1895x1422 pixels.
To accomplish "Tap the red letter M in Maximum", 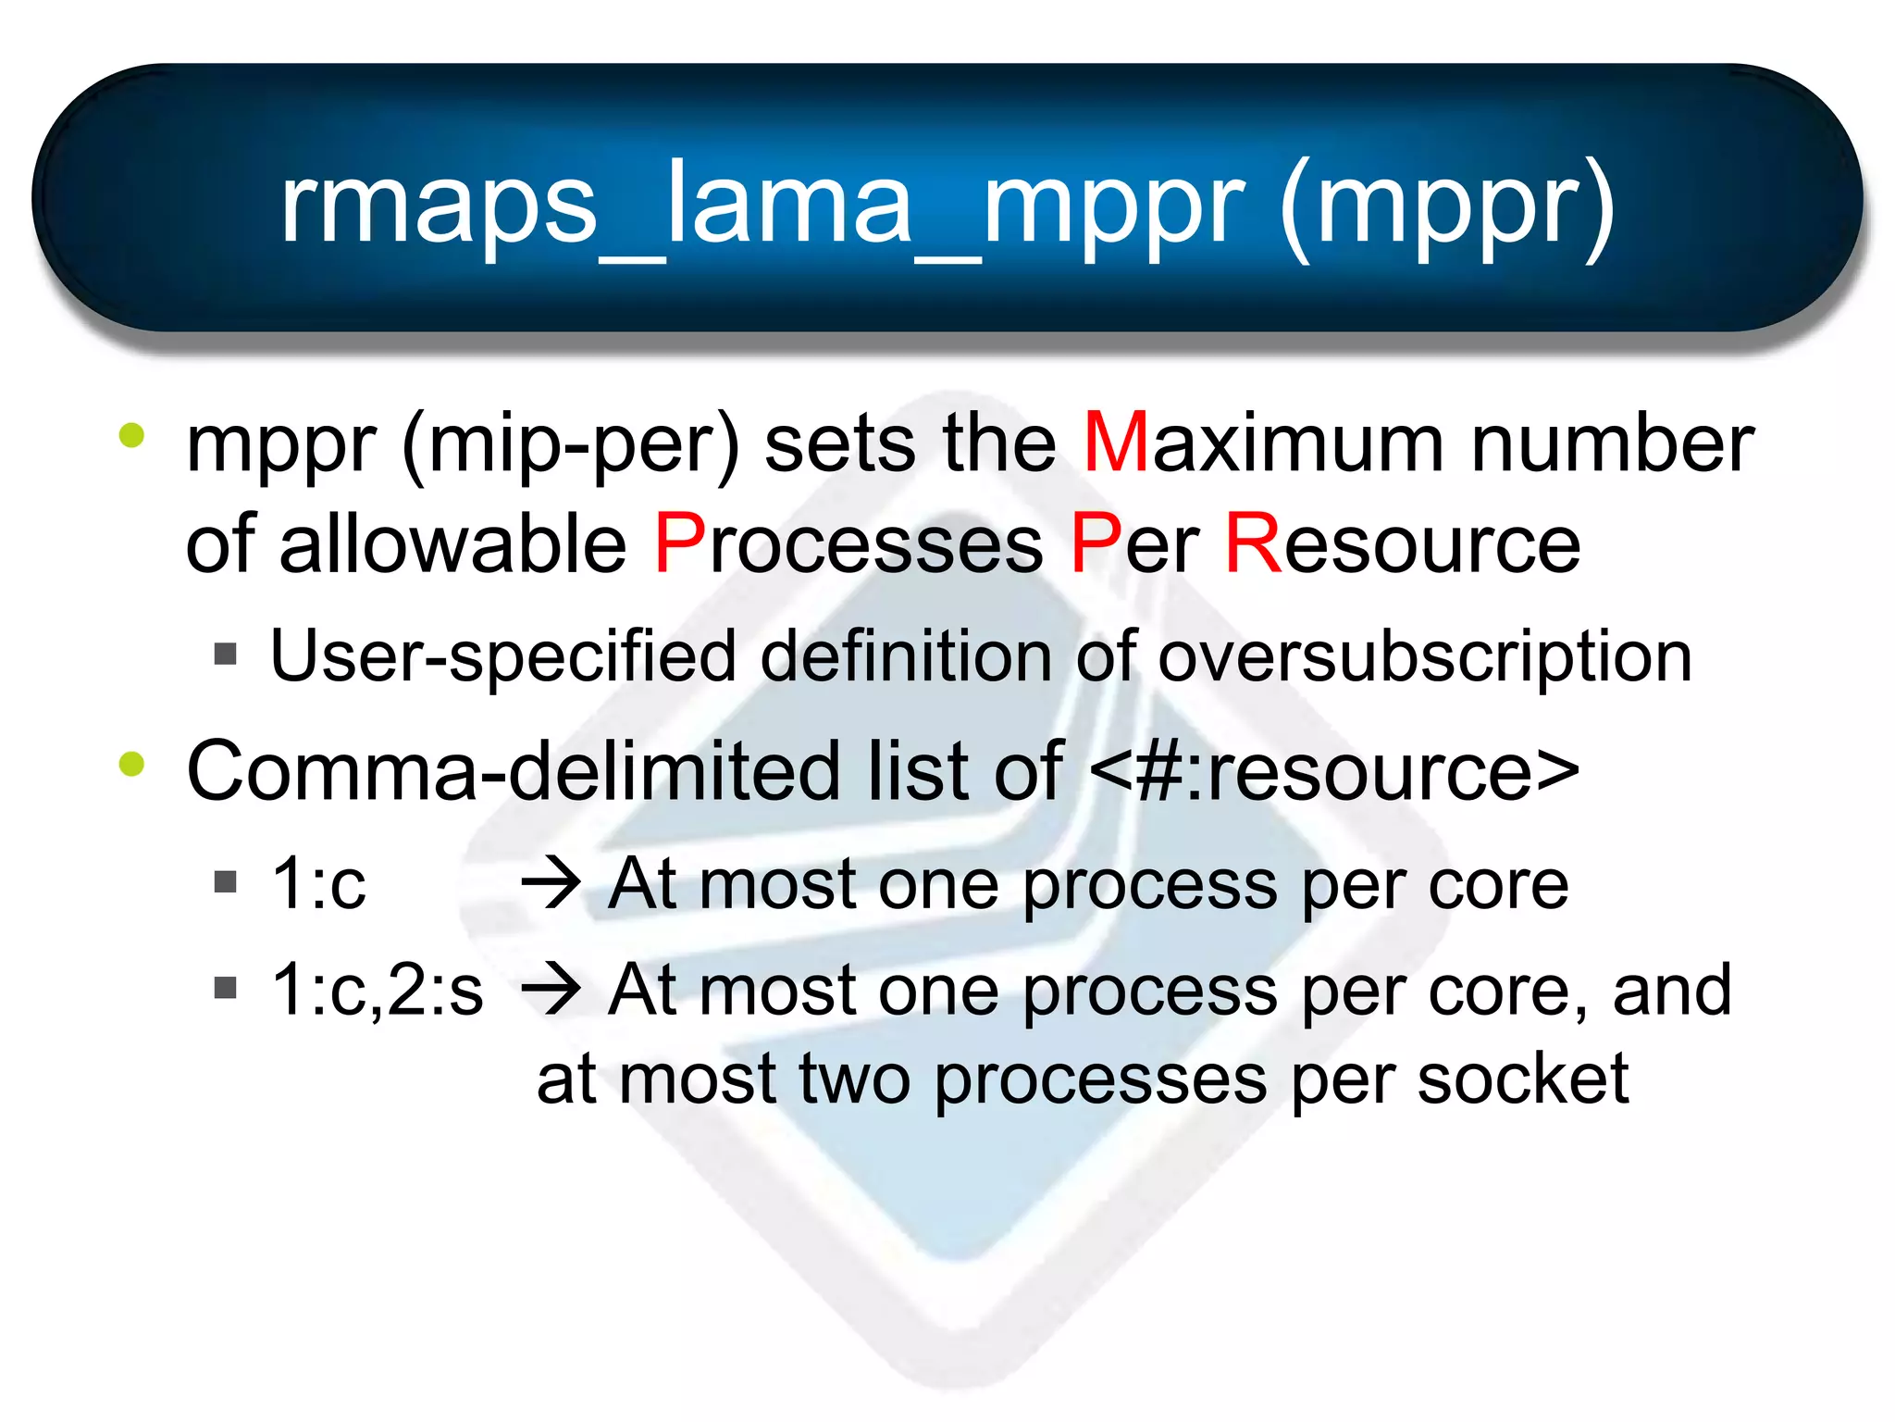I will [1115, 443].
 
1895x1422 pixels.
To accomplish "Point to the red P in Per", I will [1095, 544].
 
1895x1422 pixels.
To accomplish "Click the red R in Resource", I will [1252, 544].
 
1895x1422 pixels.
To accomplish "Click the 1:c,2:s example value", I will [377, 990].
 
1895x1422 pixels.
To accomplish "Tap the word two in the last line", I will [854, 1079].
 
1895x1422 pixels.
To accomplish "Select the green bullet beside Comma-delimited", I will [132, 765].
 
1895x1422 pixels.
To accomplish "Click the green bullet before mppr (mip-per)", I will [132, 436].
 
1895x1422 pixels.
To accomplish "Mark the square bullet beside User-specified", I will [225, 655].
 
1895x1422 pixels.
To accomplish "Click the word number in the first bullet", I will [1612, 443].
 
